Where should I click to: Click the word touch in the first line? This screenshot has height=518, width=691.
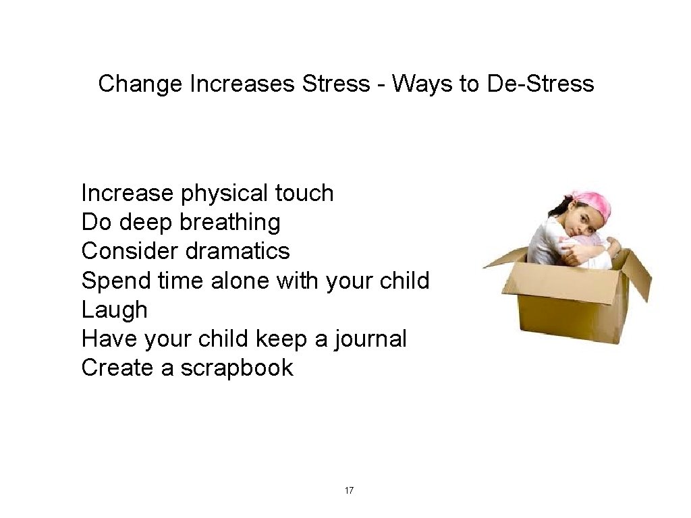click(x=304, y=194)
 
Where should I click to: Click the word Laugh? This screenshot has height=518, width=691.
click(x=114, y=310)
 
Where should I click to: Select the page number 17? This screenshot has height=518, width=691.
click(x=349, y=490)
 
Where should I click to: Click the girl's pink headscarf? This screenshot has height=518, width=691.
click(x=592, y=204)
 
